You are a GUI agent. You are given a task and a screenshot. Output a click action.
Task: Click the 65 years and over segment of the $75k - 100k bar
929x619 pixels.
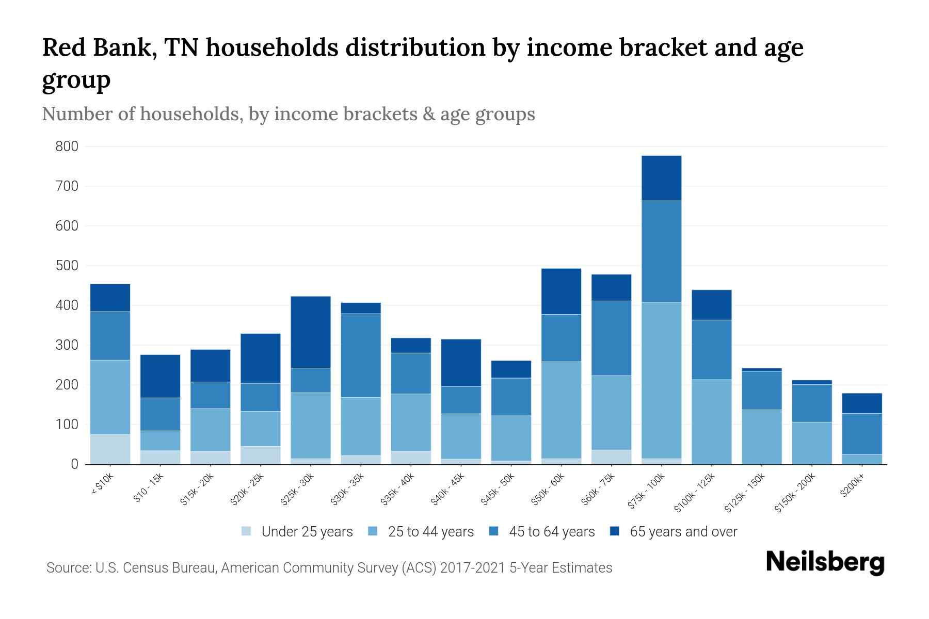click(x=661, y=178)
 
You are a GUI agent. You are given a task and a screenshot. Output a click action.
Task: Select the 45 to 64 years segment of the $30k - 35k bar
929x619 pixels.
click(x=361, y=355)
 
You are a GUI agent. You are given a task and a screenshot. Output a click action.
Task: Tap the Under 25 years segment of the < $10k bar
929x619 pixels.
click(x=110, y=449)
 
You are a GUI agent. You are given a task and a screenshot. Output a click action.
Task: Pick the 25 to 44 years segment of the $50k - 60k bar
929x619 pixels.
click(x=561, y=410)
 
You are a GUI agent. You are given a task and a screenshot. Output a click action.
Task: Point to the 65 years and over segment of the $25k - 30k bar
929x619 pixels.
click(x=311, y=332)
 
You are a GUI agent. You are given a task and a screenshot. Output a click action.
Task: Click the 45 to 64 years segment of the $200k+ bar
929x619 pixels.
click(x=862, y=433)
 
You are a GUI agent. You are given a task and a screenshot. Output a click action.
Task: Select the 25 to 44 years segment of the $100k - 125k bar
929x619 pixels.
click(x=712, y=421)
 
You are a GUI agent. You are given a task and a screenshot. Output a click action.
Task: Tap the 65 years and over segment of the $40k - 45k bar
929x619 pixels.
click(x=461, y=362)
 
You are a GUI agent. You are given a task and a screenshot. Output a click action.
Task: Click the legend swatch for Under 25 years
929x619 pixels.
click(x=247, y=531)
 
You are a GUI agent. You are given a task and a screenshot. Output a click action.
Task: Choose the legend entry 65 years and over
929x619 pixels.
click(x=683, y=531)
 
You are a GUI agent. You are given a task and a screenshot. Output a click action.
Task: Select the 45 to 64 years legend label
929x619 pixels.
click(x=552, y=531)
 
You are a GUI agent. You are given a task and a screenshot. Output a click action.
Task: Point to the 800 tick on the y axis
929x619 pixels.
click(x=67, y=146)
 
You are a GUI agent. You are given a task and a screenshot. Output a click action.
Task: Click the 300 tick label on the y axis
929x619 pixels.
click(x=67, y=345)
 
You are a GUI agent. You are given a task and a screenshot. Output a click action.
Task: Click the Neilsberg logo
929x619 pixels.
click(x=825, y=562)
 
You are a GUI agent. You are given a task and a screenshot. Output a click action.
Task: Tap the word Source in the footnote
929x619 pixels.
click(x=68, y=568)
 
